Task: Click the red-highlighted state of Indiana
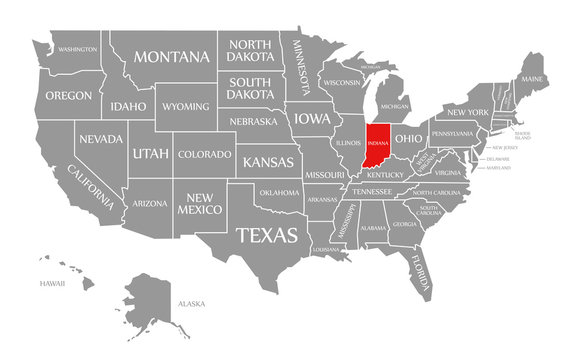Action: click(377, 146)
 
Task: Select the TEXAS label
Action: click(266, 235)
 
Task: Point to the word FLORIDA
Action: click(417, 273)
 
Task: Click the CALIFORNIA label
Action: click(91, 187)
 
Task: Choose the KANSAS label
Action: click(268, 161)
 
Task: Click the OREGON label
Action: click(69, 95)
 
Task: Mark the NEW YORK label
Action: click(467, 111)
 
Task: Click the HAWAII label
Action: click(53, 283)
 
